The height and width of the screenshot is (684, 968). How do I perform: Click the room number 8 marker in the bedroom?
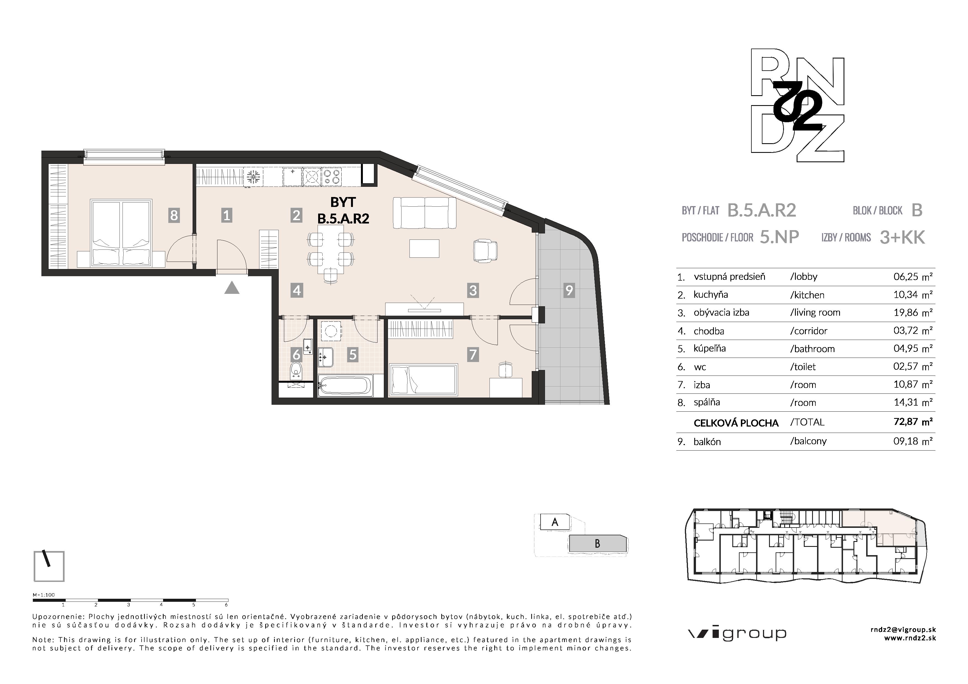pos(174,215)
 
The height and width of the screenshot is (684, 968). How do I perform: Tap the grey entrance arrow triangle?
pos(232,289)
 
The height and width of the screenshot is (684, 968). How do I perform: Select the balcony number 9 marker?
pos(569,290)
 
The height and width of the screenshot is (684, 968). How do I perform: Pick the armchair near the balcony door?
pos(485,250)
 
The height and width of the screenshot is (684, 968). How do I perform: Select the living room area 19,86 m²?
pos(913,312)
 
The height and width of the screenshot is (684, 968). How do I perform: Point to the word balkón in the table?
pos(707,442)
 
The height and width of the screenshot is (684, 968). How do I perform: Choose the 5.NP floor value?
pos(779,237)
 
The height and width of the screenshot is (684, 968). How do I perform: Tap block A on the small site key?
pos(555,522)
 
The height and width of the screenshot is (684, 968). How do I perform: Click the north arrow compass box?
pos(49,566)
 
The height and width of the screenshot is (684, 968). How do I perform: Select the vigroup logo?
pos(737,634)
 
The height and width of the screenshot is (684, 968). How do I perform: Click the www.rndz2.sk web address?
pos(910,638)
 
